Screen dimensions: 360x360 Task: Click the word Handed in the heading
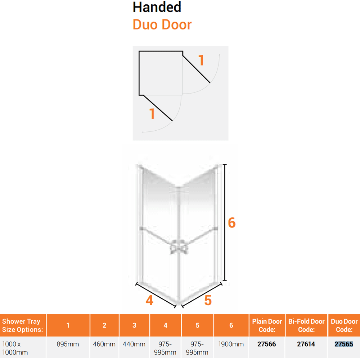coord(157,7)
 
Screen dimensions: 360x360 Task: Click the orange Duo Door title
coord(162,24)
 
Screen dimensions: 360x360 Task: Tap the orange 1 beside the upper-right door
coord(201,60)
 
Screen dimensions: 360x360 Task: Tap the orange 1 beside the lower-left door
coord(152,114)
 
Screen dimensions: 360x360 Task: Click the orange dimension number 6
coord(231,223)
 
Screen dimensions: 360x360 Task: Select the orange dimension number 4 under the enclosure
coord(149,300)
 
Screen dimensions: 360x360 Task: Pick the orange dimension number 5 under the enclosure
coord(208,300)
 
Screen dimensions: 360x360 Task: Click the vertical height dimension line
coord(225,222)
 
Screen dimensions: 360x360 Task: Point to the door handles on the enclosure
coord(179,247)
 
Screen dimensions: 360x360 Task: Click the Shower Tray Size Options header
coord(22,325)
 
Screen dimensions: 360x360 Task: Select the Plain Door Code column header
coord(267,325)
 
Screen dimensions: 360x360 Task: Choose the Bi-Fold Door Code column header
coord(306,325)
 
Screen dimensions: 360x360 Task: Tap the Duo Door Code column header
coord(344,325)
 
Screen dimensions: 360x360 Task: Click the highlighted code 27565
coord(344,344)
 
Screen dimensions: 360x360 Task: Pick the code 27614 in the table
coord(306,344)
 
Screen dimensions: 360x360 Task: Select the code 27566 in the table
coord(266,344)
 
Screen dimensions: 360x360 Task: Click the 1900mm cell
coord(231,344)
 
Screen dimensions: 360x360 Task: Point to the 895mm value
coord(68,344)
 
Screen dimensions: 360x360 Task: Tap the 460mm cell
coord(104,344)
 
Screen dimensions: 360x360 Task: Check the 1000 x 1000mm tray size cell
coord(15,348)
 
